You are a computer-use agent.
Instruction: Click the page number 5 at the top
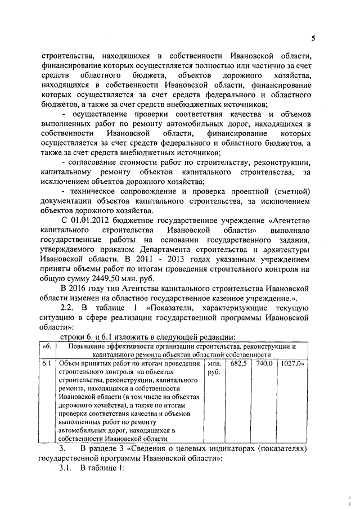313,38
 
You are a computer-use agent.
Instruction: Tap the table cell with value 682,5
239,364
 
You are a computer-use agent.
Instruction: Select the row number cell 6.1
48,364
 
